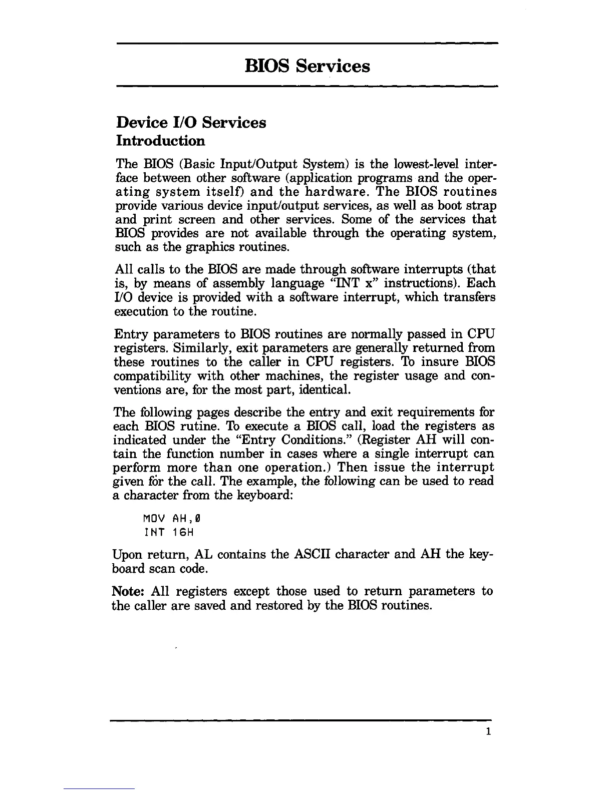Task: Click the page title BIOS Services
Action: click(307, 66)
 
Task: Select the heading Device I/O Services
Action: click(191, 122)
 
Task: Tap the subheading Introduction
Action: click(160, 141)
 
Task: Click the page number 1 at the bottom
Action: click(487, 732)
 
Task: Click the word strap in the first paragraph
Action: click(482, 206)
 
